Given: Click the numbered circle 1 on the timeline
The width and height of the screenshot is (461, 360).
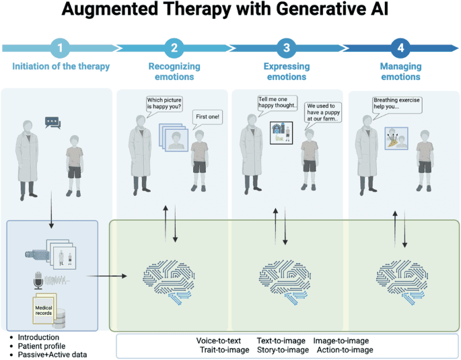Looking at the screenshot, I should [x=61, y=48].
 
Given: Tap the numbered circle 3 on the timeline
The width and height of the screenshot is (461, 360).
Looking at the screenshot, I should [x=287, y=48].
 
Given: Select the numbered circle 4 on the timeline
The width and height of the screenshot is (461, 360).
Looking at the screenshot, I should [x=400, y=48].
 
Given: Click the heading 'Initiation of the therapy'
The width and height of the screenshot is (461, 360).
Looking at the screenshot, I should [x=61, y=67].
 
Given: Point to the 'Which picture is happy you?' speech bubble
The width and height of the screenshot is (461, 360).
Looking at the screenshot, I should [x=164, y=104].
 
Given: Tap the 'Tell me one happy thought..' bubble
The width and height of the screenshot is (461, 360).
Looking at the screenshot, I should [x=277, y=103].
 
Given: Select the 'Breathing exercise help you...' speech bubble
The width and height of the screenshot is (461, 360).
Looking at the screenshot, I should [x=397, y=104].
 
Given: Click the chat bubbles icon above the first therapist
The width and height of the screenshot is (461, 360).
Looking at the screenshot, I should [x=52, y=122].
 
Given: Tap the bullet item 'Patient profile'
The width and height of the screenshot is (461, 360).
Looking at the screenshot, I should [x=41, y=346].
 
